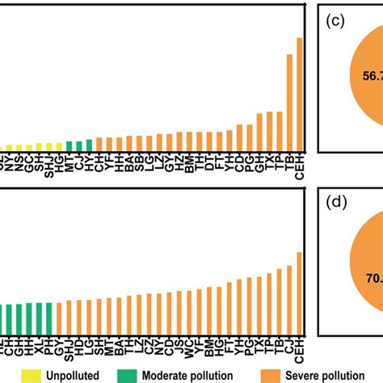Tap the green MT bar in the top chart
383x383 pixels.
click(69, 146)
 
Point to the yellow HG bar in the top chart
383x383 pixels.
click(59, 147)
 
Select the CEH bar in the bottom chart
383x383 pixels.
click(300, 292)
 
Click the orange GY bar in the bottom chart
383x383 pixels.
click(59, 316)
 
